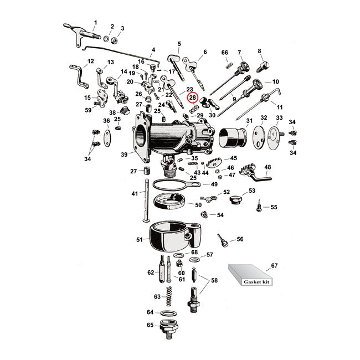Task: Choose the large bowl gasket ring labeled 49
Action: [x=172, y=185]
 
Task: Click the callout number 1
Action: [x=95, y=23]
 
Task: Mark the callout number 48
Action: [x=268, y=167]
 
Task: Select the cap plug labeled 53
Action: [x=236, y=198]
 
